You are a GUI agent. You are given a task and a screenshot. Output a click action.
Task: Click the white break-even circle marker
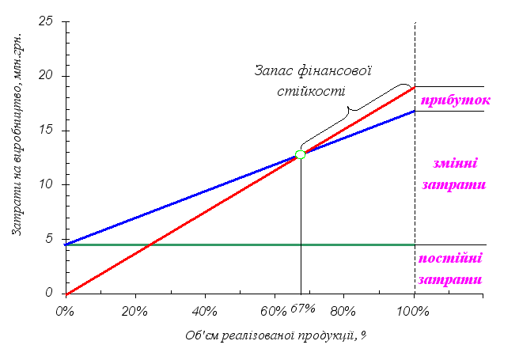point(300,154)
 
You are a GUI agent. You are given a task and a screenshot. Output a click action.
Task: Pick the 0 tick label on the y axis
point(51,294)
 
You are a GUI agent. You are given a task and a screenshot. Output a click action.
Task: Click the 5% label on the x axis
point(65,310)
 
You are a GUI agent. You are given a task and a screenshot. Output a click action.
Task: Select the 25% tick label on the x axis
point(134,310)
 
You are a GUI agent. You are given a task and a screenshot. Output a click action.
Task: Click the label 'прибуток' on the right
point(454,100)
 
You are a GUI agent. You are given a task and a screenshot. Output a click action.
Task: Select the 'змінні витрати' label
point(454,175)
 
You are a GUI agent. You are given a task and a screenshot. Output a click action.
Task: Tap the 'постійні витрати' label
point(453,269)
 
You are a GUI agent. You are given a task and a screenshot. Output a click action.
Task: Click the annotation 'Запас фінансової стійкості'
point(313,80)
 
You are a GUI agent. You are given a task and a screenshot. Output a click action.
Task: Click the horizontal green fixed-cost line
point(237,245)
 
